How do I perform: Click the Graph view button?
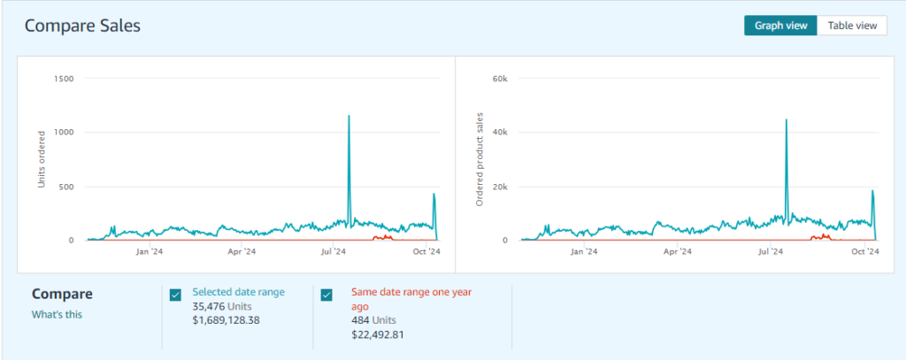pyautogui.click(x=780, y=26)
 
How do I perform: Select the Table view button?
pyautogui.click(x=852, y=26)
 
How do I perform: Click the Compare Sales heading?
pyautogui.click(x=82, y=26)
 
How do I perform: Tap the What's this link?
pyautogui.click(x=58, y=314)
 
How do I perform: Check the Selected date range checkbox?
pyautogui.click(x=175, y=295)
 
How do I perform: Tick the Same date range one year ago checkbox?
pyautogui.click(x=326, y=295)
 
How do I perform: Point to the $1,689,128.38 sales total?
pyautogui.click(x=226, y=319)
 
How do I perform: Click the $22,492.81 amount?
pyautogui.click(x=378, y=334)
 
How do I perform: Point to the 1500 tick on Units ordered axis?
pyautogui.click(x=62, y=79)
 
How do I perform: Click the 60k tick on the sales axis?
pyautogui.click(x=499, y=79)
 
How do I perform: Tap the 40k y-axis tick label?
pyautogui.click(x=499, y=133)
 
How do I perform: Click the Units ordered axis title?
pyautogui.click(x=41, y=159)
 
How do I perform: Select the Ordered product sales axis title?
pyautogui.click(x=480, y=159)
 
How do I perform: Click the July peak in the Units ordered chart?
pyautogui.click(x=349, y=117)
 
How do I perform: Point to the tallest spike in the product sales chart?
pyautogui.click(x=787, y=120)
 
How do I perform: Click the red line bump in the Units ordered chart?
pyautogui.click(x=384, y=237)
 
